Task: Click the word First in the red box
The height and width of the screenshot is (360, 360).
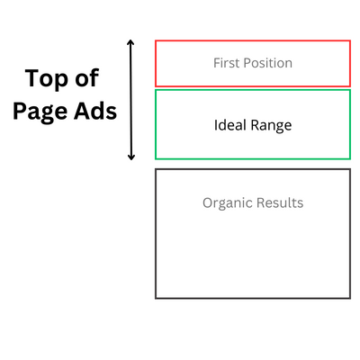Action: (x=227, y=63)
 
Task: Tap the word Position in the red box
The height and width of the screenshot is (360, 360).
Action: (x=268, y=63)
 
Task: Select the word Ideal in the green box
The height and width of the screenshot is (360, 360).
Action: (x=230, y=125)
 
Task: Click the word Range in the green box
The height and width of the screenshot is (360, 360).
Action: (x=271, y=126)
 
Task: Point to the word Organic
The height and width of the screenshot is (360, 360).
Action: (x=228, y=203)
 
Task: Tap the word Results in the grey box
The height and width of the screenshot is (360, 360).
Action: (x=280, y=202)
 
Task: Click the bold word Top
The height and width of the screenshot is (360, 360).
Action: (x=47, y=79)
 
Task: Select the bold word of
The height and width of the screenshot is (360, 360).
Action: (x=86, y=78)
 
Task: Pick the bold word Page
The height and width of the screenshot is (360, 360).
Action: (x=40, y=112)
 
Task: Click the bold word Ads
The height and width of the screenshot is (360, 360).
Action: (x=95, y=110)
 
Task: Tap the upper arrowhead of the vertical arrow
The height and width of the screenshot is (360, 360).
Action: (x=130, y=42)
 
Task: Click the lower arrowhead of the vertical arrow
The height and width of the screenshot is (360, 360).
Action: (x=131, y=157)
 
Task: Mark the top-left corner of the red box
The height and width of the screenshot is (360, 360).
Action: (x=156, y=40)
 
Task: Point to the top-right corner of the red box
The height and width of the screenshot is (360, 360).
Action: (x=350, y=40)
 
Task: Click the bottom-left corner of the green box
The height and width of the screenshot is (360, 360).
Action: (x=156, y=158)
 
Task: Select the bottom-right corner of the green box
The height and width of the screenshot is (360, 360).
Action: (x=350, y=158)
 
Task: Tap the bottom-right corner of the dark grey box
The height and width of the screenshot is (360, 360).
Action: (x=350, y=298)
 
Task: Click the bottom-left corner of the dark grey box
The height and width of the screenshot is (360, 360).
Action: (x=156, y=298)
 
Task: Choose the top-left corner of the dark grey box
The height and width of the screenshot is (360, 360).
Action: (x=156, y=169)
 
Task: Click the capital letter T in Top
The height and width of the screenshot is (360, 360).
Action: (x=32, y=78)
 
